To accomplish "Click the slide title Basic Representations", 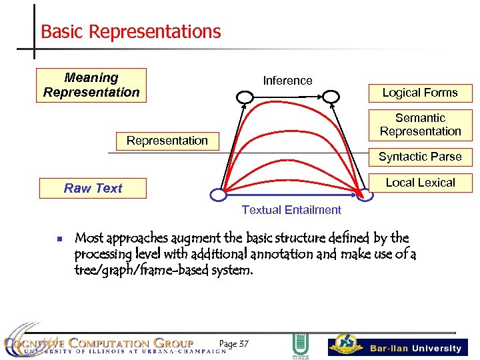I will click(131, 31).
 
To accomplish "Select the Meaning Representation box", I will click(91, 85).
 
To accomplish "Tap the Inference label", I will click(287, 81).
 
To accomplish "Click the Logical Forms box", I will click(419, 93).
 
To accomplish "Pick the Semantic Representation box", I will click(420, 125).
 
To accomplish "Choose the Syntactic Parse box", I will click(420, 157).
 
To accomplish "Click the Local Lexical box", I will click(420, 183).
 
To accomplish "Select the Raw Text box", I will click(93, 189).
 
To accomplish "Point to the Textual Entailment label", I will click(291, 210).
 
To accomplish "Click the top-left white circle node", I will click(245, 97).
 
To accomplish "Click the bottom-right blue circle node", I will click(365, 195).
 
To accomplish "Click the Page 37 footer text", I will click(233, 344).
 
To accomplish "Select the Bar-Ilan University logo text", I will click(415, 348).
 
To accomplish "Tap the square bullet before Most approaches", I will click(59, 239).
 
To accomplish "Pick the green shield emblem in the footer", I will click(299, 345).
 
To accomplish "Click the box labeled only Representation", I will click(167, 141).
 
